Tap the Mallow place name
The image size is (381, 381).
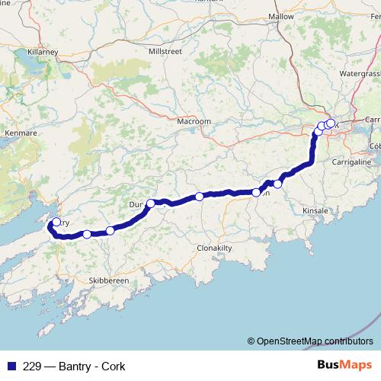(281, 16)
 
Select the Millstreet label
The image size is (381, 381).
(166, 50)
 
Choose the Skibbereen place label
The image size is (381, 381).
(107, 280)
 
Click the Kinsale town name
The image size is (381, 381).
(315, 210)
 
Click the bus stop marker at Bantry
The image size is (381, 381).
(56, 223)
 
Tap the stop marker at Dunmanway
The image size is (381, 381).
(151, 203)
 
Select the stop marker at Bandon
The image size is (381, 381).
(257, 192)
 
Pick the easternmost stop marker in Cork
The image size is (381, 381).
(331, 123)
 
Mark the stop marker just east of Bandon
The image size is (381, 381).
(278, 184)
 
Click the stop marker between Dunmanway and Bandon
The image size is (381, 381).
(200, 197)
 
